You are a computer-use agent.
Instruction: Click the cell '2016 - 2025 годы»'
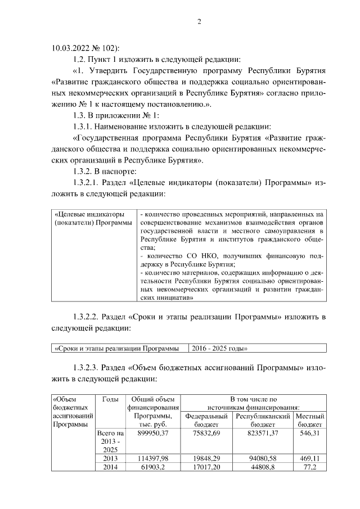(219, 348)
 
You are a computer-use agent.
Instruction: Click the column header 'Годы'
(110, 399)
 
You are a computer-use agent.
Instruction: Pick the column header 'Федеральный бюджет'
(206, 420)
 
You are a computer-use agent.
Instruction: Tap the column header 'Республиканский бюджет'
(263, 420)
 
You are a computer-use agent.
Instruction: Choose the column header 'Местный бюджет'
(309, 420)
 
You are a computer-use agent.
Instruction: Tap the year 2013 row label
(110, 458)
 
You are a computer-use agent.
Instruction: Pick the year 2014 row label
(110, 467)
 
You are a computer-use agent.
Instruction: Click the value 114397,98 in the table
(153, 458)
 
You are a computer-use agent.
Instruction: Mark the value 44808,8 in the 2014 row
(263, 467)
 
